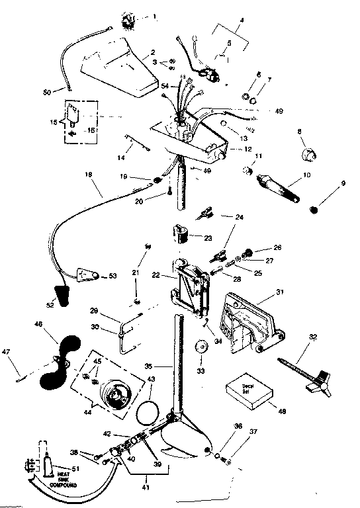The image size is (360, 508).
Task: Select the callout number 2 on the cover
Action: [x=153, y=52]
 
